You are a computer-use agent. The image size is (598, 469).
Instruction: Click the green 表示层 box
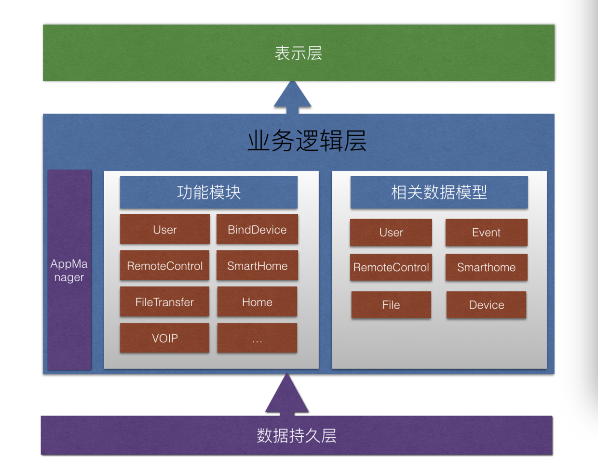click(x=299, y=53)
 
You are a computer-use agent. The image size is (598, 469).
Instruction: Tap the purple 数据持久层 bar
click(x=297, y=435)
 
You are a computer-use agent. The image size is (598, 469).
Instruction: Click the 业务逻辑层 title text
click(x=307, y=141)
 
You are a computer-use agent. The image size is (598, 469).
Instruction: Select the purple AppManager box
click(x=69, y=270)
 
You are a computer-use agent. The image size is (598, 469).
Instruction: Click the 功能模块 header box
click(x=208, y=192)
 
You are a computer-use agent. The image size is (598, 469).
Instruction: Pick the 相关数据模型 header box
click(x=439, y=192)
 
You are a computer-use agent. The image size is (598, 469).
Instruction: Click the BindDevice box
click(x=257, y=229)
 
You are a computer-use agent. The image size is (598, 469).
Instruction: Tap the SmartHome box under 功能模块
click(x=257, y=265)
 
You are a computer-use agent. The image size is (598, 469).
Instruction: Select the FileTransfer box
click(x=164, y=302)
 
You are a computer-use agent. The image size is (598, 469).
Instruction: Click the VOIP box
click(x=164, y=338)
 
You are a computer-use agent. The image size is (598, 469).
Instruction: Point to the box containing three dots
click(x=257, y=338)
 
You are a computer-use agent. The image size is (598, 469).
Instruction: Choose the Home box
click(x=257, y=302)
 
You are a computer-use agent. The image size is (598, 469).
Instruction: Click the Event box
click(x=486, y=233)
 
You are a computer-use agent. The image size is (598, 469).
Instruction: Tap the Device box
click(x=486, y=305)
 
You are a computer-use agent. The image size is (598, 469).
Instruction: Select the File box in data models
click(x=391, y=305)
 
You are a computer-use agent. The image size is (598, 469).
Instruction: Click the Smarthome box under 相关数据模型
click(x=486, y=267)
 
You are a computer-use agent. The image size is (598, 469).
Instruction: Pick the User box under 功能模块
click(x=164, y=229)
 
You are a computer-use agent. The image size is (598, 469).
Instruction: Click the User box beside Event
click(x=391, y=233)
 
